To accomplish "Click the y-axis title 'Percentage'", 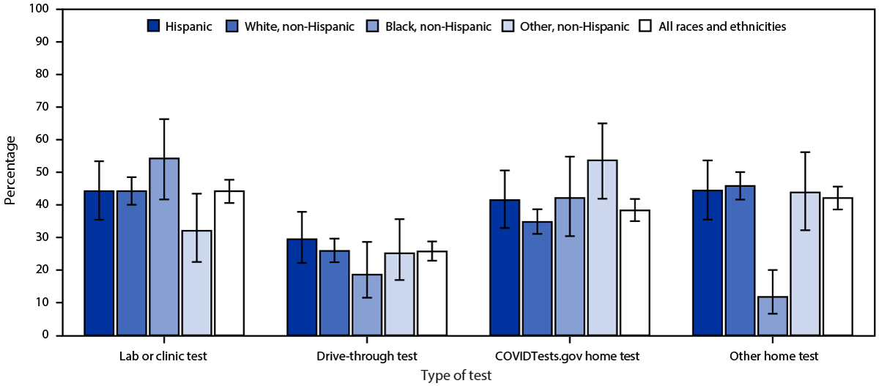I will tap(10, 172).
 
